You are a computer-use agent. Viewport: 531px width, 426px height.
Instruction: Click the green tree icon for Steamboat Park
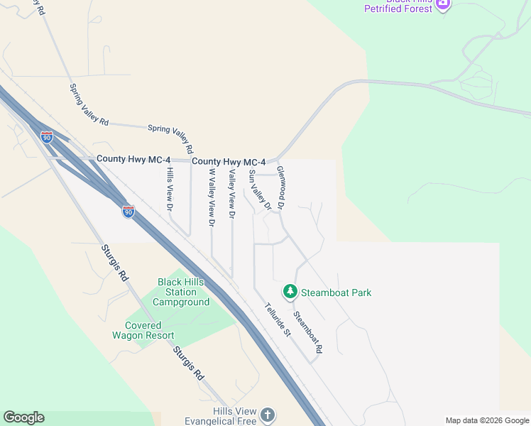(290, 291)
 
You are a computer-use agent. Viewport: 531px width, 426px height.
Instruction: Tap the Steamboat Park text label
(336, 293)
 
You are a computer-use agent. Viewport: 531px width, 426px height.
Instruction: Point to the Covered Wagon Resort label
(143, 330)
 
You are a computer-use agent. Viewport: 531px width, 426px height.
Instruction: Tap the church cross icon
(267, 414)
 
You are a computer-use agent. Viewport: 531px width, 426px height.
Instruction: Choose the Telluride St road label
(278, 320)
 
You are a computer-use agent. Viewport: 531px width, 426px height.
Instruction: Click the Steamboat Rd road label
(308, 333)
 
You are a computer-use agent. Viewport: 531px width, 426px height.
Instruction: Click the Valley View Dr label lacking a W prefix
(231, 193)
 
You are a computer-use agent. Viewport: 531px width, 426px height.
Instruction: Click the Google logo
(23, 417)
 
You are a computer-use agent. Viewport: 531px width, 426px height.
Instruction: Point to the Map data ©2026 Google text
(487, 420)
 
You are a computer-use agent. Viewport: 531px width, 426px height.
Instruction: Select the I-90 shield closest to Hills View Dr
(128, 212)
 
